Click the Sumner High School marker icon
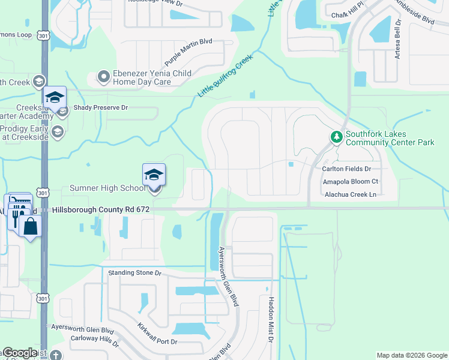(x=154, y=175)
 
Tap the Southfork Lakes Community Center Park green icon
(x=336, y=137)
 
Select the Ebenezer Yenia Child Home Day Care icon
(x=103, y=77)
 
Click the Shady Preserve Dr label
(x=101, y=108)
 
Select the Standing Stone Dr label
(x=135, y=272)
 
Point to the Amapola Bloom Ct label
(x=351, y=181)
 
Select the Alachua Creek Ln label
(x=350, y=194)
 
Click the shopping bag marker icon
(x=28, y=226)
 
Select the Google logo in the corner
(x=19, y=353)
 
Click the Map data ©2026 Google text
(x=412, y=355)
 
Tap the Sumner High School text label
(x=107, y=188)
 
